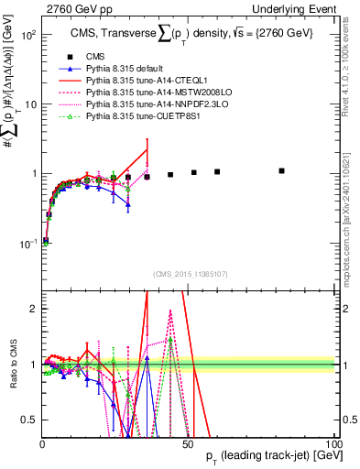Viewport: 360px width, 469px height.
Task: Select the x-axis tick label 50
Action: [x=188, y=444]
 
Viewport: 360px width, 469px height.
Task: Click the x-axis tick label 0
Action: [x=42, y=444]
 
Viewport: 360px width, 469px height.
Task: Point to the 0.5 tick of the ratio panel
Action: [x=29, y=420]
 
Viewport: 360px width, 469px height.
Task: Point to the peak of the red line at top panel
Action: [x=147, y=150]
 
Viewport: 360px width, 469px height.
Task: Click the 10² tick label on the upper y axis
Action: [x=27, y=35]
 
